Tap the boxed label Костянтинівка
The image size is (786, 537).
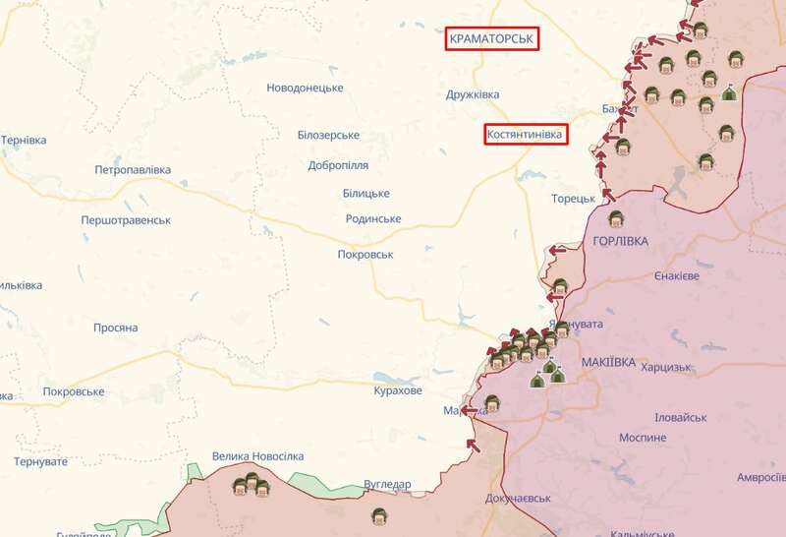click(x=527, y=135)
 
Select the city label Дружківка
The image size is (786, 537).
click(x=473, y=94)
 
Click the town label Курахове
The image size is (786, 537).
click(x=398, y=390)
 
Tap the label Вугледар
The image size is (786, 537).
click(x=387, y=484)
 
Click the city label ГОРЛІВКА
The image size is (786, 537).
click(x=621, y=241)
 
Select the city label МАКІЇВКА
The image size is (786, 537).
click(x=608, y=363)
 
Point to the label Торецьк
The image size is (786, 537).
click(x=573, y=198)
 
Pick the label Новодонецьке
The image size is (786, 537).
click(x=305, y=88)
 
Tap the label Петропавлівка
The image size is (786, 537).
click(x=133, y=170)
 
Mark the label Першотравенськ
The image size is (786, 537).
click(x=126, y=220)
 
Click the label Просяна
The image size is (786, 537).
click(x=115, y=328)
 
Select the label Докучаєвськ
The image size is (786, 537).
click(x=518, y=499)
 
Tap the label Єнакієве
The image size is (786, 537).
click(x=677, y=276)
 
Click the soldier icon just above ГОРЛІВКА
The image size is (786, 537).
click(x=616, y=218)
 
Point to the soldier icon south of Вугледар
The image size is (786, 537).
click(x=379, y=514)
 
